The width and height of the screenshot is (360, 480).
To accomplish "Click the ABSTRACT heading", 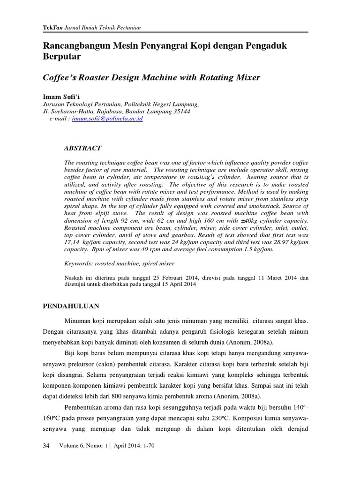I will [x=82, y=148].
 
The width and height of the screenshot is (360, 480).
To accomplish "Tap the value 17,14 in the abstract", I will [x=73, y=243].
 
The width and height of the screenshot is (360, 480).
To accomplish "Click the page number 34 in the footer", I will [x=46, y=446].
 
